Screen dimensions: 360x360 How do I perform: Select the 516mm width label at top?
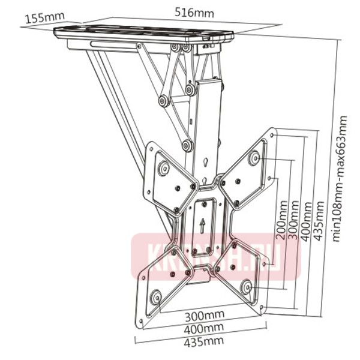[188, 11]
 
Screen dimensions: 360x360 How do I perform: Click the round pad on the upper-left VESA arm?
[162, 169]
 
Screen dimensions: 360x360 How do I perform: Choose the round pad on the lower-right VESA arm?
[246, 286]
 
